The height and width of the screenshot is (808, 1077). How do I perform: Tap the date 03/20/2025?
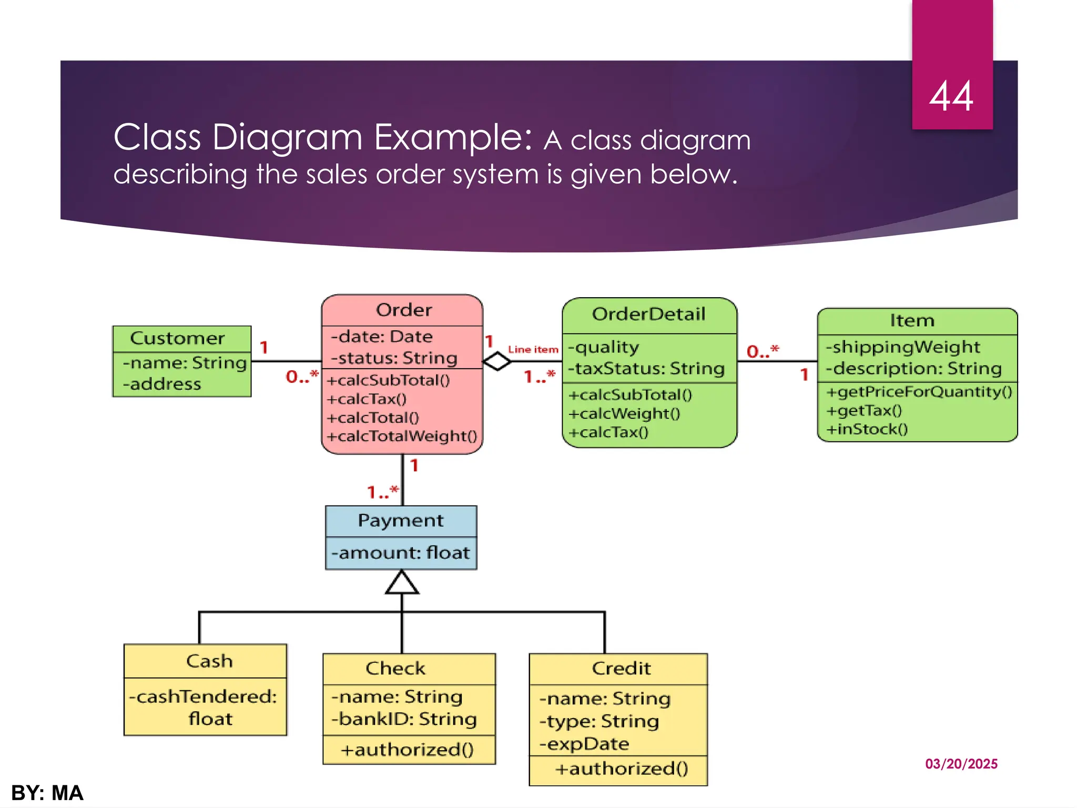[x=961, y=764]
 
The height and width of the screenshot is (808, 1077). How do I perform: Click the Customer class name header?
[x=178, y=338]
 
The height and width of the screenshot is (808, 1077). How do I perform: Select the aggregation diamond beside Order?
[x=496, y=361]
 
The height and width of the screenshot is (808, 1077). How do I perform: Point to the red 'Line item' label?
[x=533, y=350]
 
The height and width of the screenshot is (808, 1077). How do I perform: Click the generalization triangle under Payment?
[x=402, y=583]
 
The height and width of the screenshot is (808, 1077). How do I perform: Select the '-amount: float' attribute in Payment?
[x=401, y=553]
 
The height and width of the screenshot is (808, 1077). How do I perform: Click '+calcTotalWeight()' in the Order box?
[x=402, y=436]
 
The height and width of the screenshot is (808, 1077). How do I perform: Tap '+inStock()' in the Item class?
[x=867, y=429]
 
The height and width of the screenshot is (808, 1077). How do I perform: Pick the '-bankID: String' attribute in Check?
[x=404, y=719]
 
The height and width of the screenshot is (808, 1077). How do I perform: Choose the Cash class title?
[x=209, y=661]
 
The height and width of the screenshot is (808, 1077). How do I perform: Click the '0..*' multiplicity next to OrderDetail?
[x=763, y=351]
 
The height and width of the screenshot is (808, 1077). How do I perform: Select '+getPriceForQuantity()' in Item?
[x=919, y=392]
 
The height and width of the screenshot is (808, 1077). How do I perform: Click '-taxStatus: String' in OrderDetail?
[x=646, y=369]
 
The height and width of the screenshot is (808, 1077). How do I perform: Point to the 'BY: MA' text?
[x=47, y=793]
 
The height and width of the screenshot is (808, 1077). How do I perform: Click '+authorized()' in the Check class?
[x=407, y=750]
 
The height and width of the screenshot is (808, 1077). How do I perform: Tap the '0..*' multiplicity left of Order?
[x=302, y=377]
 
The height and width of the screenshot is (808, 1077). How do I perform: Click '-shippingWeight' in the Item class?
[x=902, y=347]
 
